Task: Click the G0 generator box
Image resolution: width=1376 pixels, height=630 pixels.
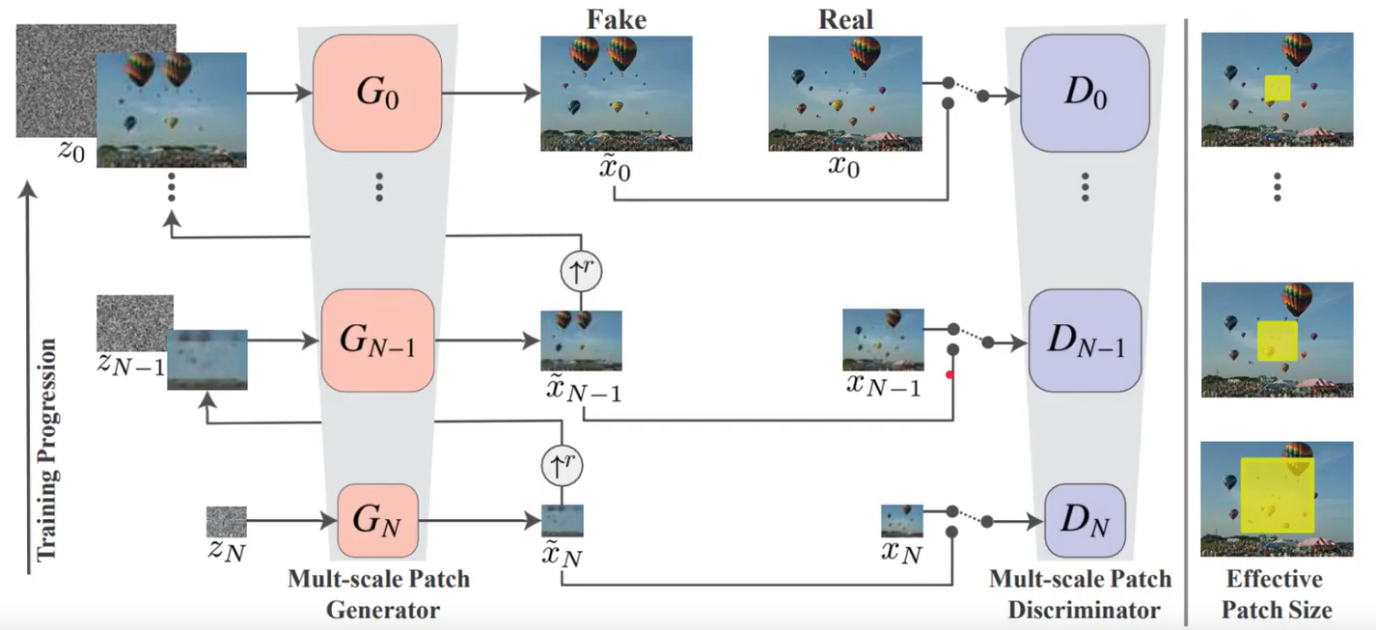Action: (377, 93)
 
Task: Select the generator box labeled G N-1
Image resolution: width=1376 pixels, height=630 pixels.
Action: (377, 341)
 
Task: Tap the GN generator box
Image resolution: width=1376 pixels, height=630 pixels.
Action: (377, 522)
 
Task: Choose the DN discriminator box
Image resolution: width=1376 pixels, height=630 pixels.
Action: (1085, 523)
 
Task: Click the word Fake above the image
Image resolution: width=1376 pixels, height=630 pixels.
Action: (616, 19)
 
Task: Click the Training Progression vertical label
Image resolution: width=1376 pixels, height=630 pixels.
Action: (45, 449)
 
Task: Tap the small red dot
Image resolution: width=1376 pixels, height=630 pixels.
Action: (950, 375)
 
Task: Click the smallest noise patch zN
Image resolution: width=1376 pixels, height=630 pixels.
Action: (226, 521)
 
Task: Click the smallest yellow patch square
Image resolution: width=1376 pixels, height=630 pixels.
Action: (1277, 89)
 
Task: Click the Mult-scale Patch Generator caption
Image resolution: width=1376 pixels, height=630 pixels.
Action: (379, 594)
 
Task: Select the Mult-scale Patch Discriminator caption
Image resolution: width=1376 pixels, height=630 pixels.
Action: (1081, 594)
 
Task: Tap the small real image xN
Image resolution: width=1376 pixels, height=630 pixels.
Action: (902, 520)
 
